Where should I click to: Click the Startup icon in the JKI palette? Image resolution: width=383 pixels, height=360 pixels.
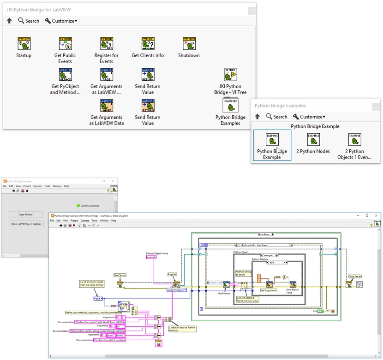click(x=24, y=44)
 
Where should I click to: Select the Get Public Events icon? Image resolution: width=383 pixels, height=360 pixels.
click(x=65, y=44)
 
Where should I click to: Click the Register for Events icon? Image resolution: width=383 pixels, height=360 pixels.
click(x=107, y=44)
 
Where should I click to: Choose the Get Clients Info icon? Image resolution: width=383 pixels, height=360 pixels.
click(x=148, y=44)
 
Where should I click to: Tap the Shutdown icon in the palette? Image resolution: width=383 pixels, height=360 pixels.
click(x=189, y=44)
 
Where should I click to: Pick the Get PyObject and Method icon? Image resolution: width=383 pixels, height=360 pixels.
click(x=65, y=75)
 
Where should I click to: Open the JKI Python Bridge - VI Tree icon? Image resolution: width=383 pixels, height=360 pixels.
click(x=230, y=75)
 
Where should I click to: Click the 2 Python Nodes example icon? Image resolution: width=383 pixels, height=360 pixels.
click(x=313, y=139)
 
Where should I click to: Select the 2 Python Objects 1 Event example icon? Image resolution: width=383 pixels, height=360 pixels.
click(x=354, y=139)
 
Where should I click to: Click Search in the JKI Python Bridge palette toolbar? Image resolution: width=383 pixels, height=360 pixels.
click(x=29, y=21)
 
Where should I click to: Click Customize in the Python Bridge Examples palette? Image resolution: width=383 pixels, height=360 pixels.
click(x=309, y=117)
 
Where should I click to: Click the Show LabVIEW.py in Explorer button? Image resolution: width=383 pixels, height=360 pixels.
click(x=26, y=224)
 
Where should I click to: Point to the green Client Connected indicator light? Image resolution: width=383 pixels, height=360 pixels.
click(x=78, y=206)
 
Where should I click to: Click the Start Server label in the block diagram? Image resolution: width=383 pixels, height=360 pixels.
click(x=120, y=276)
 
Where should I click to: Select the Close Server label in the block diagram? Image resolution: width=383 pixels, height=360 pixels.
click(x=354, y=277)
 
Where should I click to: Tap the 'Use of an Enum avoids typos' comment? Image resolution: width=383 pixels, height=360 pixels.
click(x=91, y=283)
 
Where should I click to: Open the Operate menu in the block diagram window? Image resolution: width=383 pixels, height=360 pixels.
click(x=85, y=221)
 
